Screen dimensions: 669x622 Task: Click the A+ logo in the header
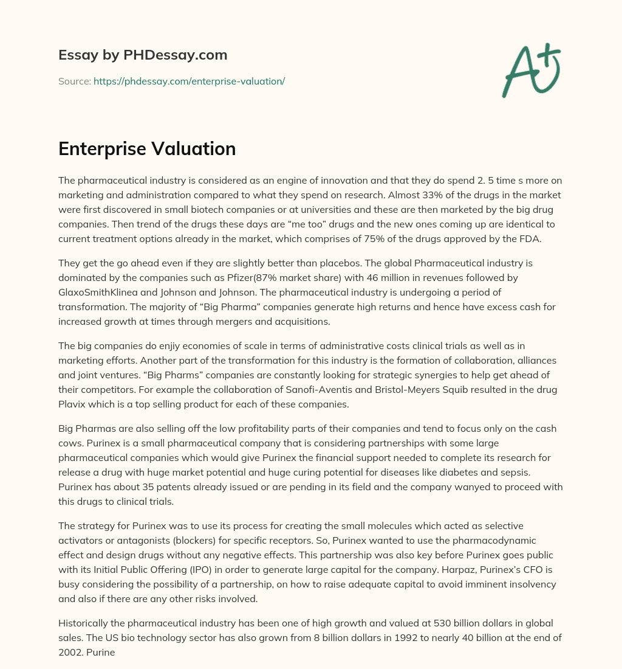[530, 71]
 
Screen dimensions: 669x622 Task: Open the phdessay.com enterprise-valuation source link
[189, 81]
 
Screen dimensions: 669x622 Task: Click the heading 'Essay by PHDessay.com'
[143, 55]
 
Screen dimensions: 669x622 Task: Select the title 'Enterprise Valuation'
[147, 149]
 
